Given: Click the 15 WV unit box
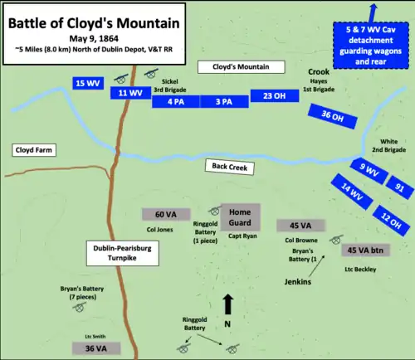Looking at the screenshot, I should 87,84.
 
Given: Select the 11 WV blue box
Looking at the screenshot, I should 129,93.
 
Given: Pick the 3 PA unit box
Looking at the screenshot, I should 224,101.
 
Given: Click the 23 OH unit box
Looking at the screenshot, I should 274,95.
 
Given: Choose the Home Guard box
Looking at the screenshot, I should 240,216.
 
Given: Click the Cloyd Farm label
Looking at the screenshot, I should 34,150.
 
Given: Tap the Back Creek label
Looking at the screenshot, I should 232,165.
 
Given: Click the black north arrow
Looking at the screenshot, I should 227,304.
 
